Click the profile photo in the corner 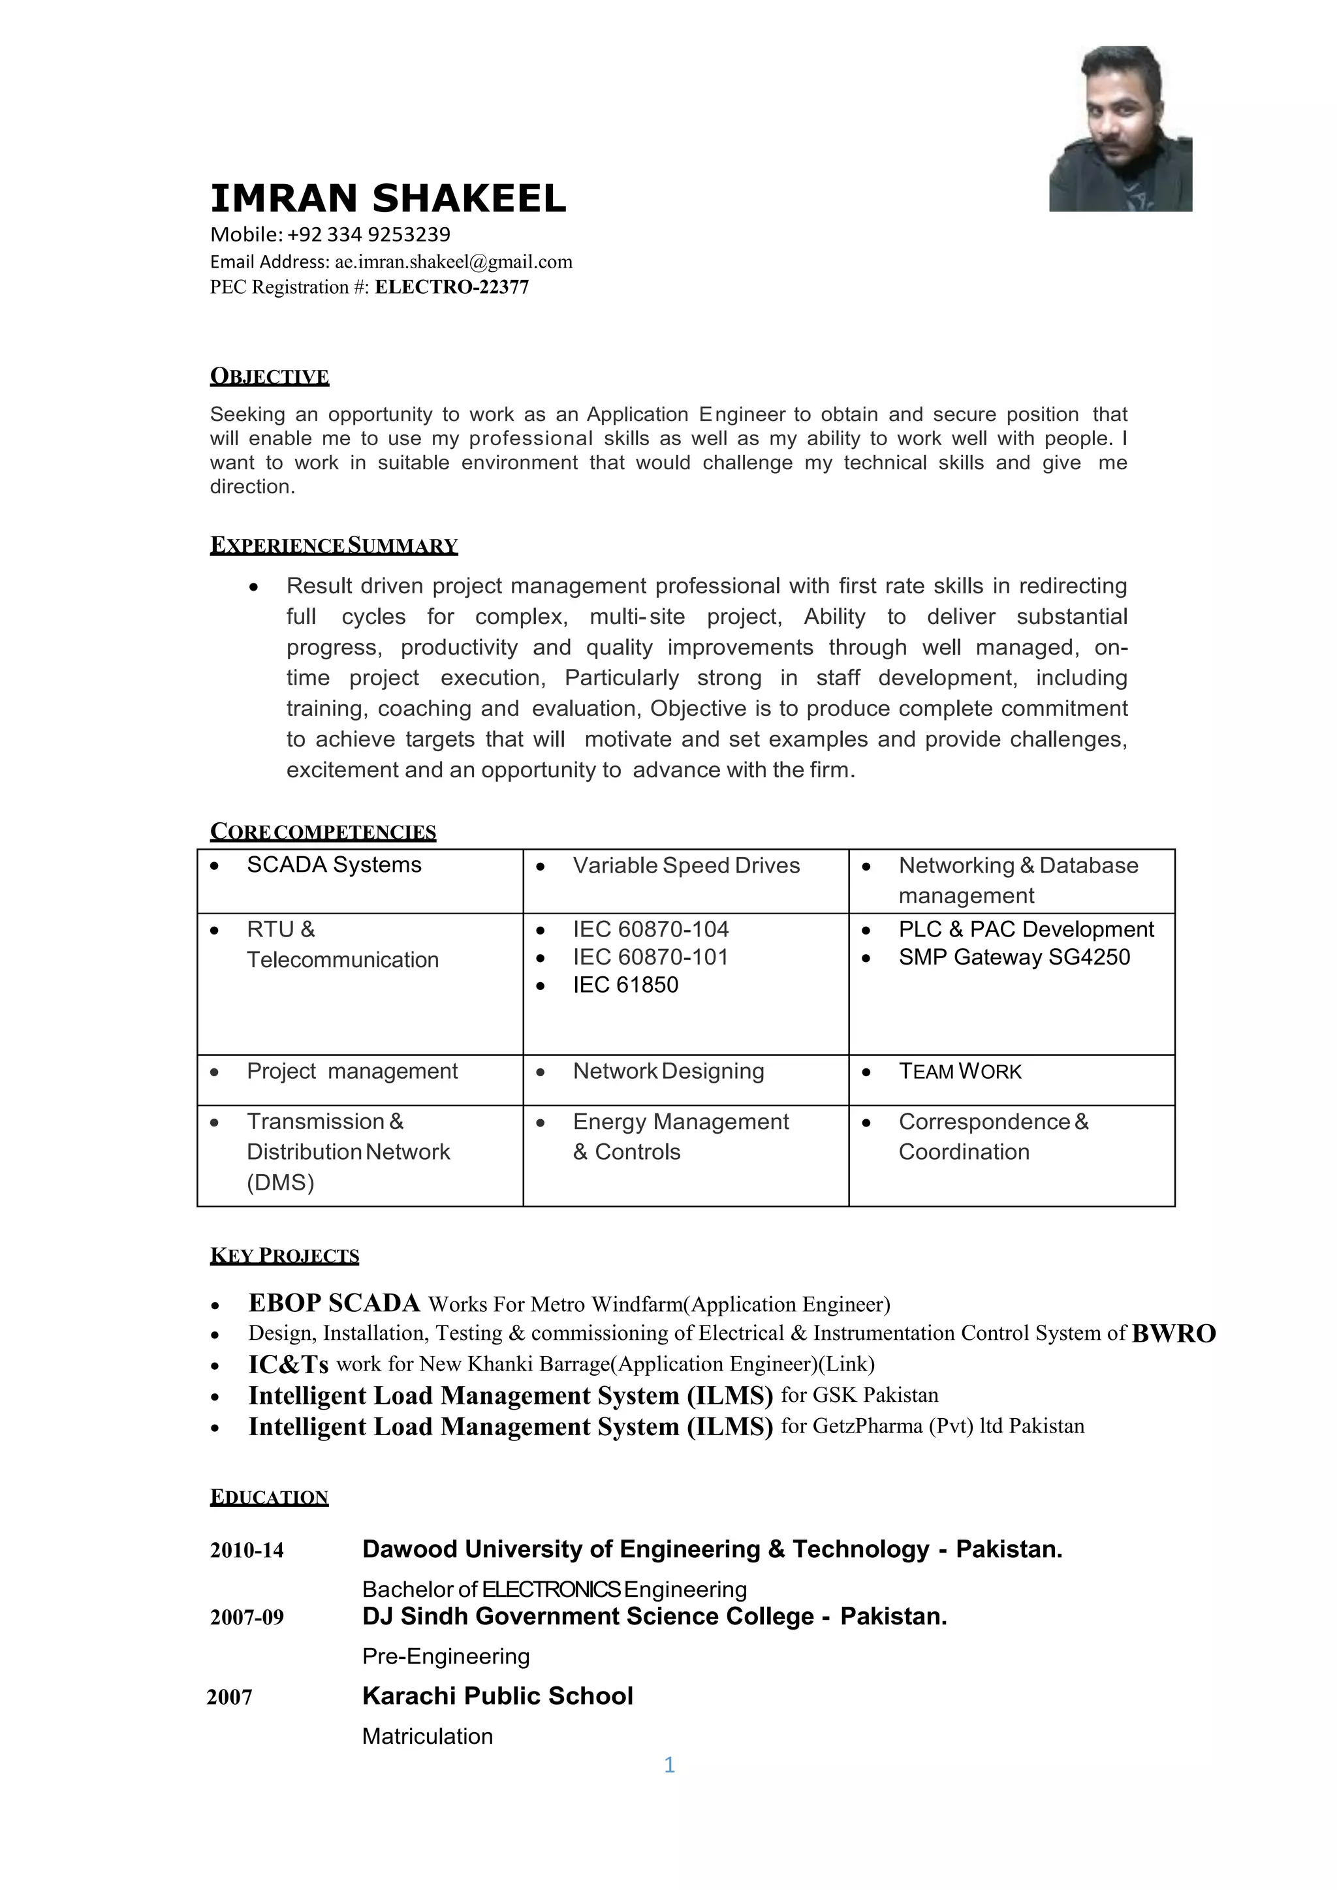coord(1120,129)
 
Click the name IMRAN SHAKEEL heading coord(388,198)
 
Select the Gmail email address coord(453,262)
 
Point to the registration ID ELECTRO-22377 coord(452,287)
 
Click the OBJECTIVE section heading coord(269,377)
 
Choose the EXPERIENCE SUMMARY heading coord(334,546)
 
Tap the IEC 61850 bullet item coord(625,985)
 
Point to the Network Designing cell coord(668,1072)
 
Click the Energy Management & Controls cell coord(680,1137)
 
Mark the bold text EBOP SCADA coord(334,1303)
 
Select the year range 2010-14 coord(247,1551)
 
